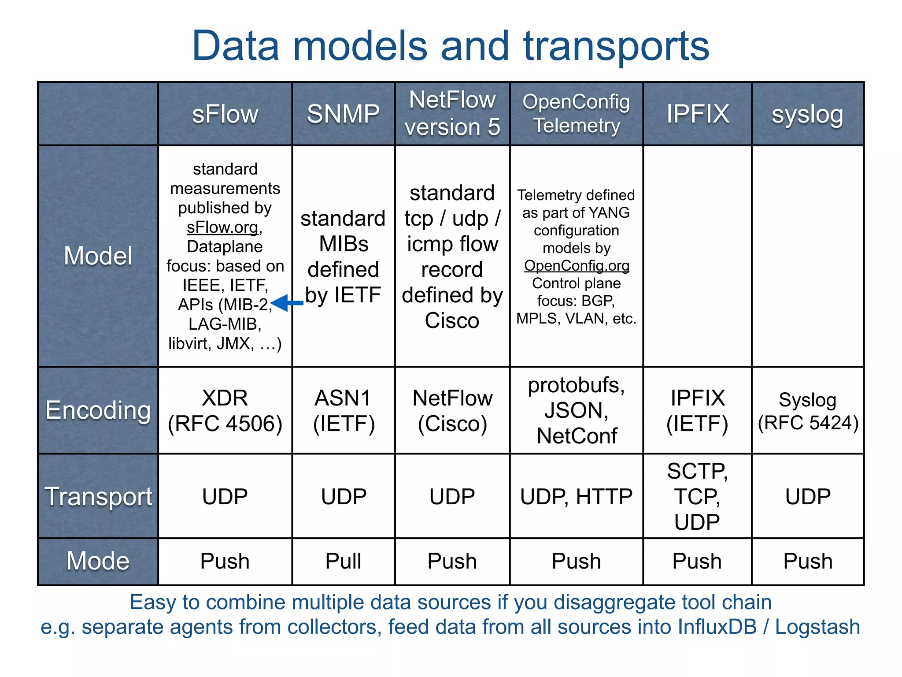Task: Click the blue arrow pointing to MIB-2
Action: pyautogui.click(x=287, y=303)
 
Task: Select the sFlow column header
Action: pyautogui.click(x=225, y=114)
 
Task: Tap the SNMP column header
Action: pyautogui.click(x=343, y=114)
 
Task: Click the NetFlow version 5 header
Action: pyautogui.click(x=452, y=113)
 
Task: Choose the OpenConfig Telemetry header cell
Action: pyautogui.click(x=576, y=113)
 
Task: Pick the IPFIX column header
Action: pyautogui.click(x=697, y=114)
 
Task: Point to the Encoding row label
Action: pyautogui.click(x=98, y=410)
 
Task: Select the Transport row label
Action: pyautogui.click(x=98, y=496)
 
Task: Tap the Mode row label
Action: pyautogui.click(x=98, y=561)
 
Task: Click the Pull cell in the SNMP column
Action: pyautogui.click(x=343, y=561)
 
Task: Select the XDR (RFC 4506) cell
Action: pyautogui.click(x=225, y=410)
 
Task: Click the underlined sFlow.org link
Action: pyautogui.click(x=222, y=227)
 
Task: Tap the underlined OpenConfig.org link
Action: pyautogui.click(x=576, y=266)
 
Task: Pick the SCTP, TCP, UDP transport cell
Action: pyautogui.click(x=697, y=496)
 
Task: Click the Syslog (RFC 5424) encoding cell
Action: pyautogui.click(x=808, y=411)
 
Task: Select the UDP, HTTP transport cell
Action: pyautogui.click(x=576, y=497)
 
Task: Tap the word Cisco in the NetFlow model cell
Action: pyautogui.click(x=452, y=320)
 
